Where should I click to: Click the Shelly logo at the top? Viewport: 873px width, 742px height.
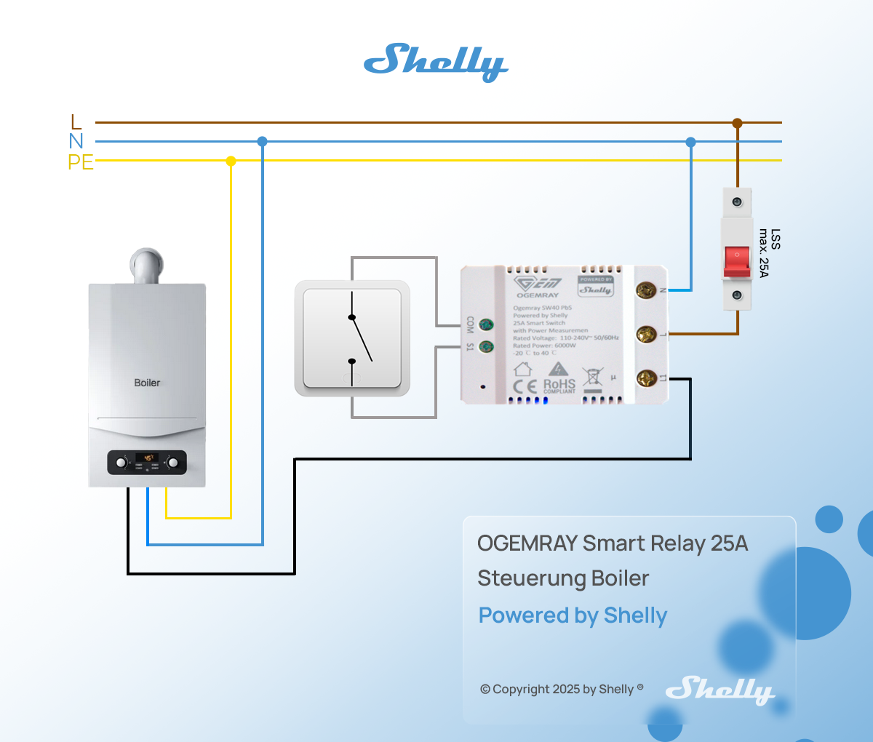(436, 62)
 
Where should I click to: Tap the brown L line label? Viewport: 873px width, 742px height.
(76, 122)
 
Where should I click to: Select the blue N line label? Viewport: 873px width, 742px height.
(76, 141)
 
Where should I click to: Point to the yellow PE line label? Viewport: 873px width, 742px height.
(81, 161)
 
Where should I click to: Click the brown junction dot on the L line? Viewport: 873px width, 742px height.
(737, 123)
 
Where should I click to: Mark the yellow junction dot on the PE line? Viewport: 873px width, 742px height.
(231, 161)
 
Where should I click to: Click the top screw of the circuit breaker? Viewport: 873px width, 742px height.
(737, 200)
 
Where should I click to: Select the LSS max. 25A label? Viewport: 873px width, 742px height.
(770, 252)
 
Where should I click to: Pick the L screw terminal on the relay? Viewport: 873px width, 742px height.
(646, 334)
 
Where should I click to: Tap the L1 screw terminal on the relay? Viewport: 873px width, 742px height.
(646, 378)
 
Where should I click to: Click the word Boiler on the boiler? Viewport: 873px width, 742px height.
(147, 383)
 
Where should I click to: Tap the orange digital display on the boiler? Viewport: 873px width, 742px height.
(148, 458)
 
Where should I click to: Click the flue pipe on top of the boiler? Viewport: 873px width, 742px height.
(147, 266)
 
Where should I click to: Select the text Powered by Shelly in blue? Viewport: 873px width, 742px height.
(573, 615)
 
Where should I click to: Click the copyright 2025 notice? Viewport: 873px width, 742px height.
(562, 689)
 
